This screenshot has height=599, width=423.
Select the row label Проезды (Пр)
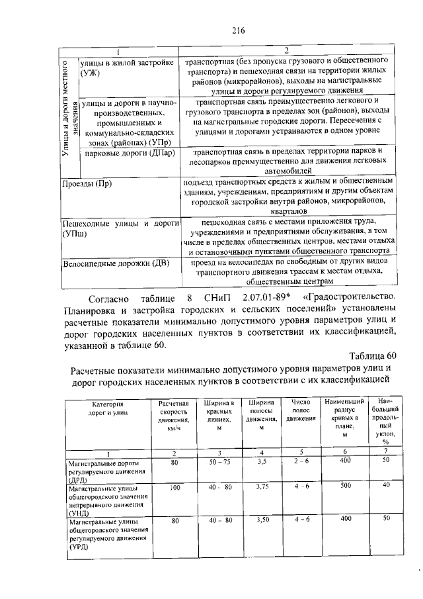pos(86,183)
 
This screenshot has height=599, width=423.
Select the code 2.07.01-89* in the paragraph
pos(264,296)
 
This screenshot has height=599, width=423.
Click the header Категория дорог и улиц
pos(106,408)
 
